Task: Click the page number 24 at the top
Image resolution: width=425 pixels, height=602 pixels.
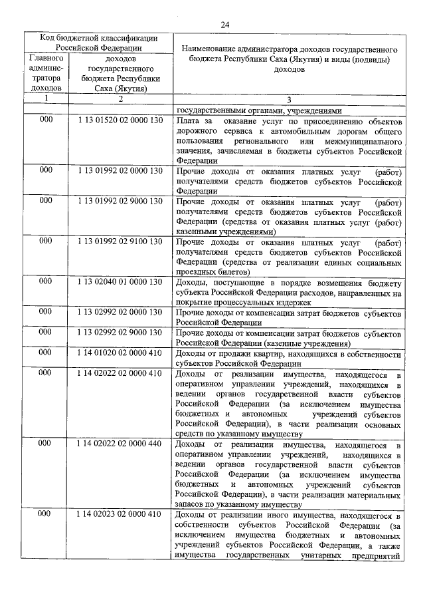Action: tap(224, 25)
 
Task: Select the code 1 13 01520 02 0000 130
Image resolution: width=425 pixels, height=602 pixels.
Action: tap(120, 121)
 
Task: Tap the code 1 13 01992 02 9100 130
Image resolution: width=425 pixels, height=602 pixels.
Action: tap(120, 242)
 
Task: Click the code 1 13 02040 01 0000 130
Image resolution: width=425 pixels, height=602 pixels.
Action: tap(120, 281)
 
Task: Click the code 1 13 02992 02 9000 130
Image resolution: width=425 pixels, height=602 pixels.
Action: tap(120, 331)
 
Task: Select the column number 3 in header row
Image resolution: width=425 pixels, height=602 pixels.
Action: tap(289, 99)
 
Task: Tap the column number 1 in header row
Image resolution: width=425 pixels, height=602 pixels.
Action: tap(46, 99)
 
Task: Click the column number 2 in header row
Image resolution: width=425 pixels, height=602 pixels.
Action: tap(121, 99)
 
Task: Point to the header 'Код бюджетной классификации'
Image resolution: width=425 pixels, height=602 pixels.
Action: tap(98, 39)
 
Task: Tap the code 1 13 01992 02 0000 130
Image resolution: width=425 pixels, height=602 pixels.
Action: tap(120, 170)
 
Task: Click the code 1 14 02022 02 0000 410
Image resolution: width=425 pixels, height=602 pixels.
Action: tap(120, 373)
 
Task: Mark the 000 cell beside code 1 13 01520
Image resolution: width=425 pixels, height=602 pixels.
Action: tap(45, 121)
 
